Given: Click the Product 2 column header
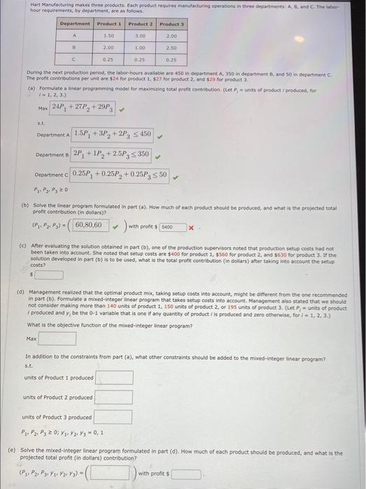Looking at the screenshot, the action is tap(141, 24).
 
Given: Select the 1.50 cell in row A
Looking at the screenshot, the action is tap(108, 35).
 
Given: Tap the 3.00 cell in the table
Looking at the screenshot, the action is tap(141, 35).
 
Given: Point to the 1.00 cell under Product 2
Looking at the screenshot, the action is tap(141, 48).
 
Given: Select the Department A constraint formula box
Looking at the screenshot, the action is tap(112, 134).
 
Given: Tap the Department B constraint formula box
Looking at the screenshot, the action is tap(112, 154).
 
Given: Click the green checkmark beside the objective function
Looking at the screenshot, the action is tap(122, 108).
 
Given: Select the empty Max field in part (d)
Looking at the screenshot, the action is tap(57, 339).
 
